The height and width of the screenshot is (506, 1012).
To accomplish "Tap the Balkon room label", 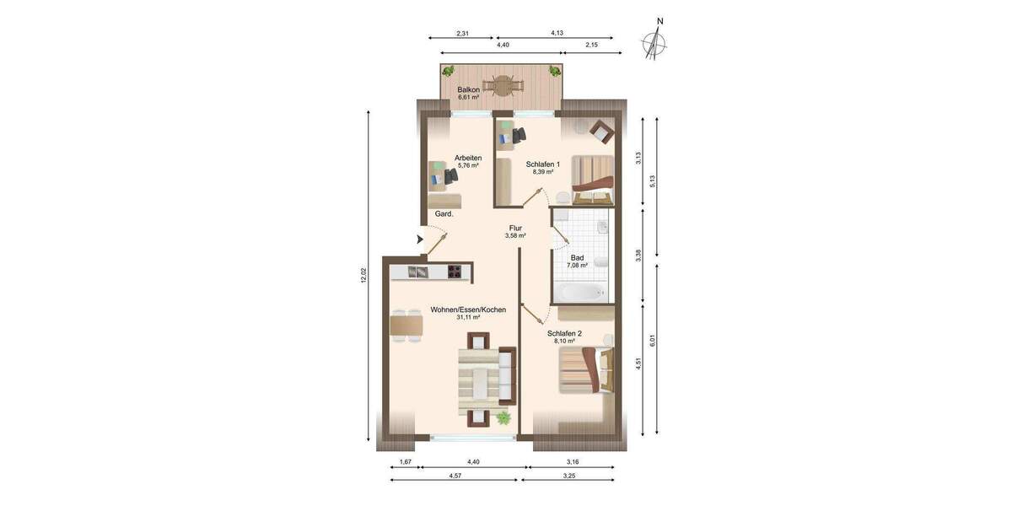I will [468, 90].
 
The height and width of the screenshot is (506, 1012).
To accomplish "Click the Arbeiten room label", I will [467, 159].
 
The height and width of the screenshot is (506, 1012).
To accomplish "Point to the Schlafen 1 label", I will [542, 164].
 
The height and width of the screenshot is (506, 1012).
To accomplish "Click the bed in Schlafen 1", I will [592, 178].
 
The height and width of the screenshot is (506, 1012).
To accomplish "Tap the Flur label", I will [515, 229].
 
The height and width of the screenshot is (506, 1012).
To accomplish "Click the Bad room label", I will [577, 258].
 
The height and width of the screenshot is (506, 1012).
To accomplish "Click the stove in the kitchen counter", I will [455, 272].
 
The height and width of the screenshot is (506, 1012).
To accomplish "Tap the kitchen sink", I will [418, 272].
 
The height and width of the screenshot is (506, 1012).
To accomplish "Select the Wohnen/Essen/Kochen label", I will [468, 310].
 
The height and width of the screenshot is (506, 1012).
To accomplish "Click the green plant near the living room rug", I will [503, 417].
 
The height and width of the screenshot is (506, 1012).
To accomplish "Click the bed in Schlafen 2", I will [584, 369].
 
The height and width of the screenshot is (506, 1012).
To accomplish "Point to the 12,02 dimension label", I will [363, 275].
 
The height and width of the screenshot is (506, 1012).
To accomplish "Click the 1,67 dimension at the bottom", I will [406, 462].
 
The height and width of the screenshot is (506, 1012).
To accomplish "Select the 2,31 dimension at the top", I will [462, 34].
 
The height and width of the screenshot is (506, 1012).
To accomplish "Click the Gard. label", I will [444, 214].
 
